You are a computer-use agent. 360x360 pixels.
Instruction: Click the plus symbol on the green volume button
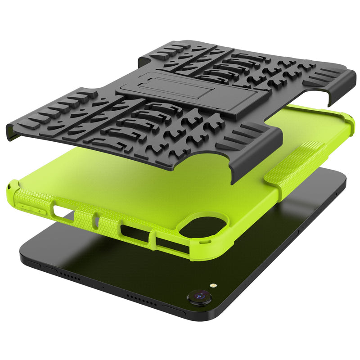40,211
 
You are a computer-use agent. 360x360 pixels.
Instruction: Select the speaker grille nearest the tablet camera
142,297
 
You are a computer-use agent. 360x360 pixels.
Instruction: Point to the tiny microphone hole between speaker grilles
103,286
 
